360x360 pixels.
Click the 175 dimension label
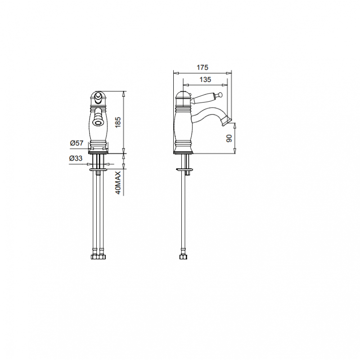point(202,67)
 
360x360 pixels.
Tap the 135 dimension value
point(205,80)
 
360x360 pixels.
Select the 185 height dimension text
point(118,122)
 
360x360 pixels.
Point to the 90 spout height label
point(229,138)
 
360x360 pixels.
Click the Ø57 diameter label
point(76,143)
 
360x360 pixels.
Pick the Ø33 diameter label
point(76,158)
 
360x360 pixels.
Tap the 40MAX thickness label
point(118,183)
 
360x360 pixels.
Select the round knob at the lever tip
point(220,94)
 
